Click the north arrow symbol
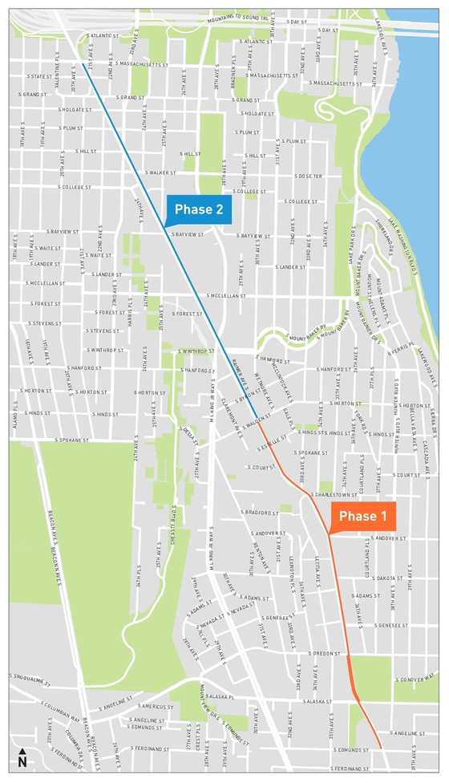coord(22,757)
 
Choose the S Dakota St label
coord(386,578)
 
